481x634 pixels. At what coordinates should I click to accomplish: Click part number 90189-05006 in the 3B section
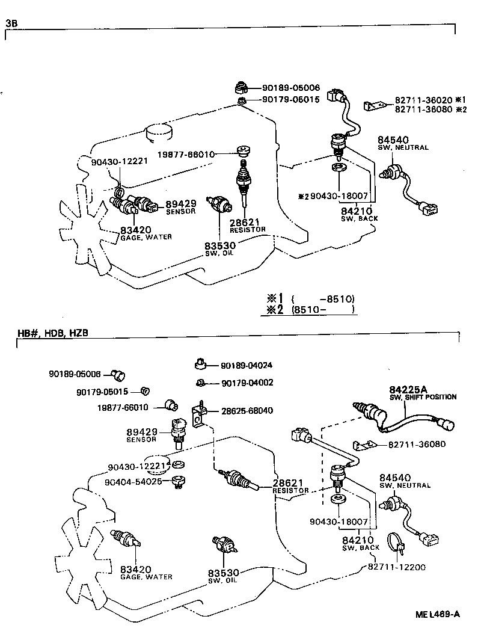[x=290, y=87]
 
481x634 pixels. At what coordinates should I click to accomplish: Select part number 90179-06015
[x=290, y=100]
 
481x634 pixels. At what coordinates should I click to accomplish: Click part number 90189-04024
[x=247, y=365]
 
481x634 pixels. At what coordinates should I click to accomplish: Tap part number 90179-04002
[x=247, y=383]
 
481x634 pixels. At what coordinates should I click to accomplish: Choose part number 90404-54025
[x=133, y=482]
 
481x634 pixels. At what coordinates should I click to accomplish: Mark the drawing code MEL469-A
[x=437, y=614]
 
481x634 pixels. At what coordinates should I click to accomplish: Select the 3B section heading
[x=11, y=23]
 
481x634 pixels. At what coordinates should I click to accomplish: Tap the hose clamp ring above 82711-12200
[x=396, y=543]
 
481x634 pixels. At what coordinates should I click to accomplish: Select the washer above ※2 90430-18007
[x=339, y=166]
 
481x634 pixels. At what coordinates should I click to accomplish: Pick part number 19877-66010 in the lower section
[x=123, y=407]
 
